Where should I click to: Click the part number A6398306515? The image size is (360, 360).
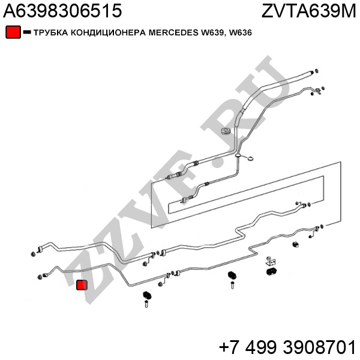pos(62,11)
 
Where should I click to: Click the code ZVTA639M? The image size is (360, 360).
pos(308,11)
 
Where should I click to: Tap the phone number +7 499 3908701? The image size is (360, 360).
pos(287,347)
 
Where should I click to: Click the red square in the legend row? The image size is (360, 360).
pos(13,32)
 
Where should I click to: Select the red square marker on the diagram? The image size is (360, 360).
pos(82,284)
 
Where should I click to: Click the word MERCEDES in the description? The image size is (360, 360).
pos(173,32)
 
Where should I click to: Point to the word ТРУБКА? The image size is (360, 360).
pos(51,32)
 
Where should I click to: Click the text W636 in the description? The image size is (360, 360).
pos(240,32)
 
